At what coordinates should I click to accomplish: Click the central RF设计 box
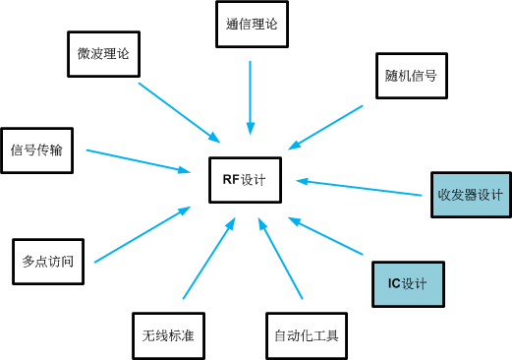click(x=245, y=180)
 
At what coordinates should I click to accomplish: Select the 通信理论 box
click(x=251, y=26)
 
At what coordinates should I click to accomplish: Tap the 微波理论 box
click(x=103, y=54)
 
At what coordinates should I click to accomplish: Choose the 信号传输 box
click(x=36, y=150)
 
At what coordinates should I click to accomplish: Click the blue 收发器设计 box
click(x=470, y=195)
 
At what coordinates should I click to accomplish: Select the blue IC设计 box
click(x=408, y=284)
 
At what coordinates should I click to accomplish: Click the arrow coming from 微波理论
click(x=179, y=111)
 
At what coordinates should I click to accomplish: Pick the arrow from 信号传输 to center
click(x=138, y=160)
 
